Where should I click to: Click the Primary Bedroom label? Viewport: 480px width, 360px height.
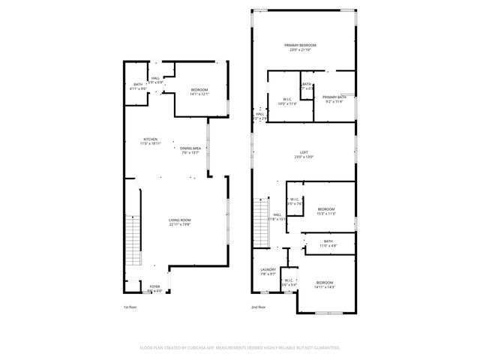coord(300,46)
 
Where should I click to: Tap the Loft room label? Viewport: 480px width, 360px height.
coord(303,154)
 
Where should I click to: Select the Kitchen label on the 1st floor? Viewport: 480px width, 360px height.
coord(151,140)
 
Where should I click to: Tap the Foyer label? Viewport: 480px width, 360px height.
coord(154,287)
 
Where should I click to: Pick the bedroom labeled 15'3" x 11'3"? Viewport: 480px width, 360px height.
coord(325,211)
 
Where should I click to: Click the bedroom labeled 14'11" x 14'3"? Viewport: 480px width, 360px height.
coord(324,283)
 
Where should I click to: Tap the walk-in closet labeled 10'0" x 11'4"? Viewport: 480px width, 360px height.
coord(288,101)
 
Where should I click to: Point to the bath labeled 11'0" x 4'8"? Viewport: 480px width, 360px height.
coord(328,243)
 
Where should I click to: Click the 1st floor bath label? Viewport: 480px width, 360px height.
coord(138,85)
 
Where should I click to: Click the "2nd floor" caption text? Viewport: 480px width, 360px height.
coord(259,307)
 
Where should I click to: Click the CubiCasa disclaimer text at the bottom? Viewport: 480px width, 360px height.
coord(240,348)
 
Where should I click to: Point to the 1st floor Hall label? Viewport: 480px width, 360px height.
coord(155,79)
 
